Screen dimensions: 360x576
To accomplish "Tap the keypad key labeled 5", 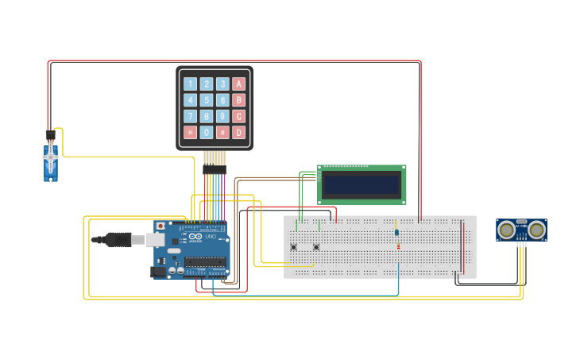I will [207, 100].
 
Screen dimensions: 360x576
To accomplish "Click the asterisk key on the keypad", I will [190, 132].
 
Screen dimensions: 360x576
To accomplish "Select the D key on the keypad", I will [238, 132].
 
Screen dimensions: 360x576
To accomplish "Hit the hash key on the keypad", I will [222, 132].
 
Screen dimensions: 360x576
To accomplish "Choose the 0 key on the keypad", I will [207, 132].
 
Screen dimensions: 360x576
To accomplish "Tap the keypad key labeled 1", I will [190, 83].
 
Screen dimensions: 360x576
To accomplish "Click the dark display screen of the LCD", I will [361, 184].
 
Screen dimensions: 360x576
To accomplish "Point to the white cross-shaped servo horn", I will [51, 157].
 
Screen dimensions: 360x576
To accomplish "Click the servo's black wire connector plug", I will [50, 134].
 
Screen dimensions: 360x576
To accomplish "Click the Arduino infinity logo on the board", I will [195, 236].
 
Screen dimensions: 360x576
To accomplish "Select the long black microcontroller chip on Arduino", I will [206, 262].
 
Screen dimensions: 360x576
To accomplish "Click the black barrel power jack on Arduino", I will [158, 271].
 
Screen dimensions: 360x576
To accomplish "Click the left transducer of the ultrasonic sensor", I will [506, 230].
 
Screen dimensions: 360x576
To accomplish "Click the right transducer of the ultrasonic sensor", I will [537, 230].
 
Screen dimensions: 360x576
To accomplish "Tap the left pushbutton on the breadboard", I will [293, 247].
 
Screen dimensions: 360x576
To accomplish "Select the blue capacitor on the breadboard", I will [396, 232].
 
